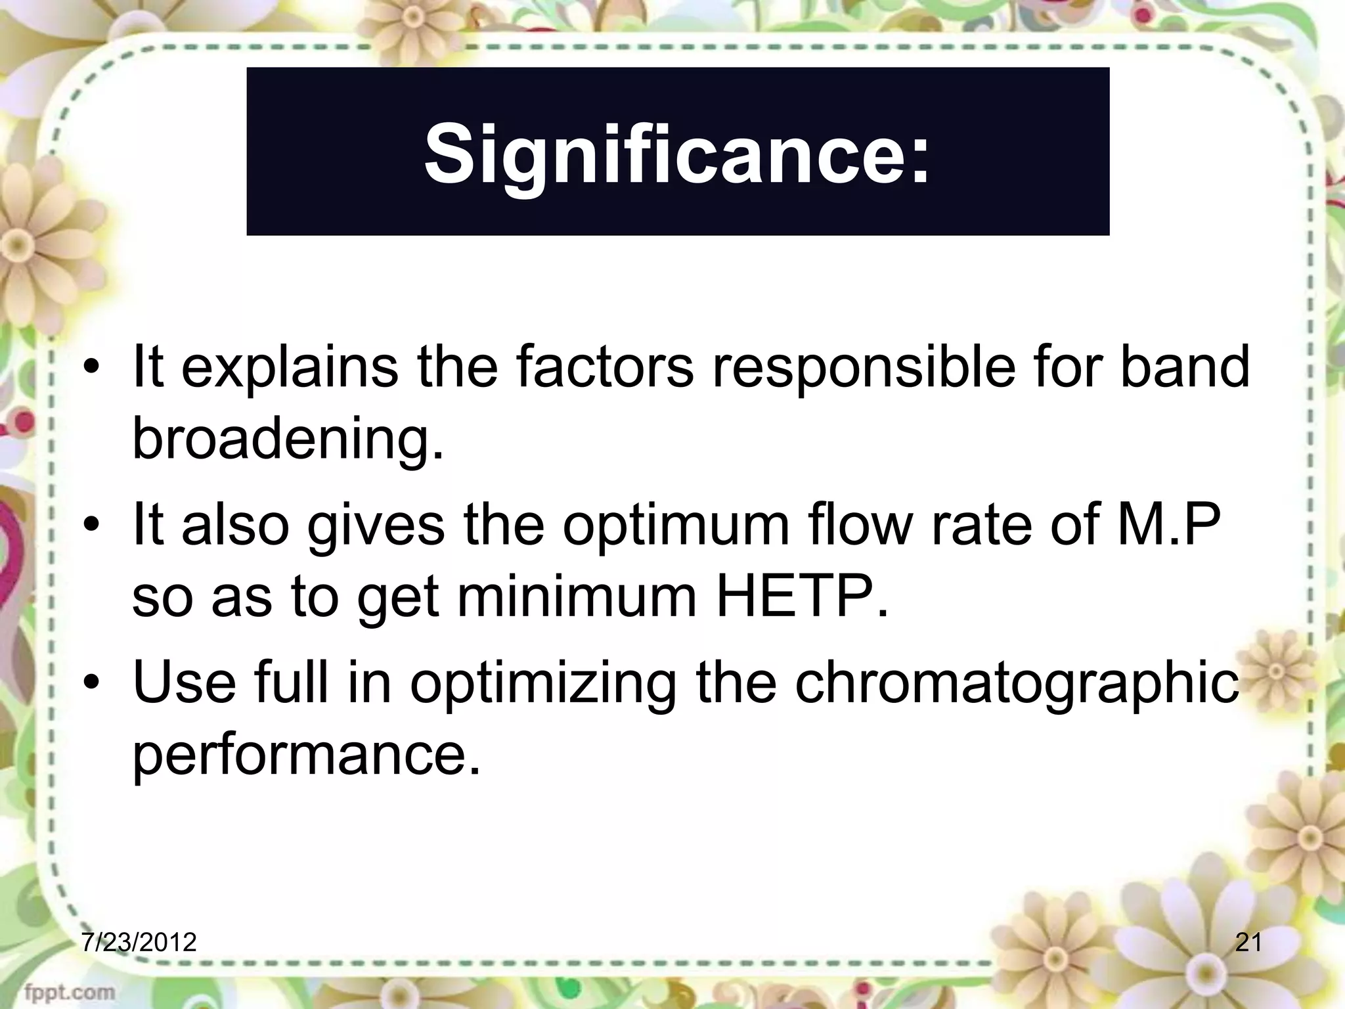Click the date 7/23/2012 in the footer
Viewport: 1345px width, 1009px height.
tap(139, 943)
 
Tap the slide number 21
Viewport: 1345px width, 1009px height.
tap(1248, 943)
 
